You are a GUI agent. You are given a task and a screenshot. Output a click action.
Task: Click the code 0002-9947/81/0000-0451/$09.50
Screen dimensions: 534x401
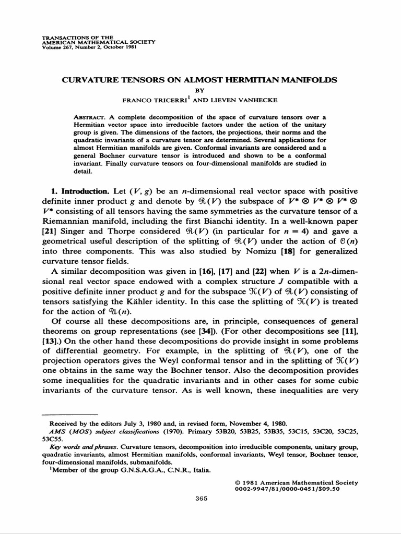(302, 489)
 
